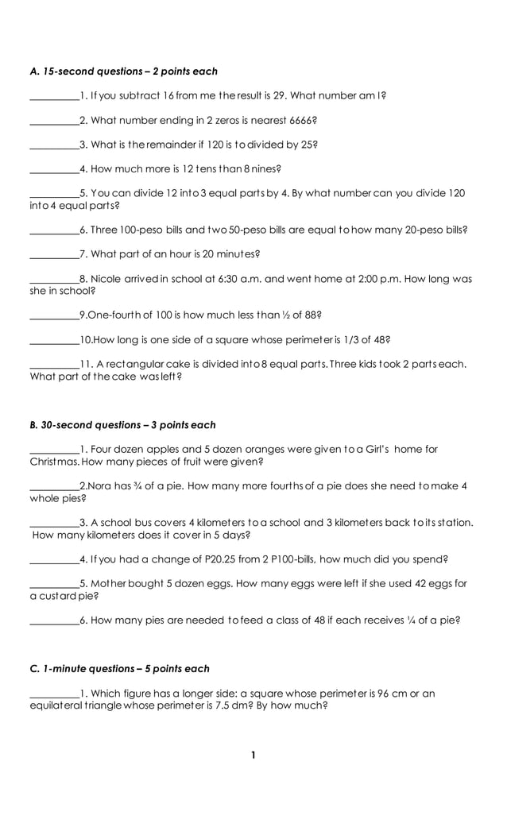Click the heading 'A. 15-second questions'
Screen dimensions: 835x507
(123, 72)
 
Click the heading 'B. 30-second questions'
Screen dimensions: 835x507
(122, 425)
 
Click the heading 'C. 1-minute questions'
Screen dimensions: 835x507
(119, 668)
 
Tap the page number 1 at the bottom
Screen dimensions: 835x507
(253, 755)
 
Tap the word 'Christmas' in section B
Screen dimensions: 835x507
(54, 462)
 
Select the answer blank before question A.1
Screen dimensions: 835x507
(54, 97)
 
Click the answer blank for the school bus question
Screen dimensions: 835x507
(54, 524)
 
